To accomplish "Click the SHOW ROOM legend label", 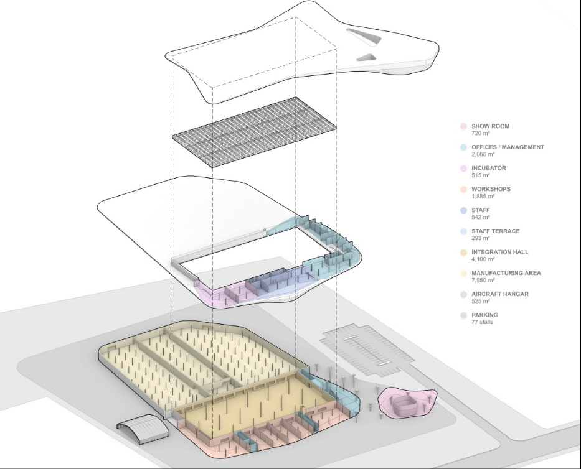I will pyautogui.click(x=490, y=126).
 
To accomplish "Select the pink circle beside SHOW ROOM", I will pyautogui.click(x=463, y=127).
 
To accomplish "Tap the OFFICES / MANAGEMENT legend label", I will pyautogui.click(x=508, y=147).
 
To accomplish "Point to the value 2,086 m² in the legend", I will pyautogui.click(x=483, y=154).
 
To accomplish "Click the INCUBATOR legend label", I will pyautogui.click(x=489, y=168).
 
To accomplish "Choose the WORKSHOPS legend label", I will pyautogui.click(x=491, y=189).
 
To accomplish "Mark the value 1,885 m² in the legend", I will pyautogui.click(x=483, y=196).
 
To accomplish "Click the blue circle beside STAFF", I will pyautogui.click(x=463, y=211).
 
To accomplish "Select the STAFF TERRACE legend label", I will pyautogui.click(x=495, y=231).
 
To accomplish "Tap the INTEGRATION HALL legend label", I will pyautogui.click(x=500, y=252).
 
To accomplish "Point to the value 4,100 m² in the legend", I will pyautogui.click(x=483, y=259).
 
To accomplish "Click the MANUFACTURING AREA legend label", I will pyautogui.click(x=506, y=273).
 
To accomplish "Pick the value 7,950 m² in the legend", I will pyautogui.click(x=483, y=280).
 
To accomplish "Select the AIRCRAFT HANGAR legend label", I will pyautogui.click(x=500, y=294).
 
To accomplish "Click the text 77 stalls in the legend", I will pyautogui.click(x=482, y=322).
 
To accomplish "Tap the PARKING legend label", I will pyautogui.click(x=484, y=315).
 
